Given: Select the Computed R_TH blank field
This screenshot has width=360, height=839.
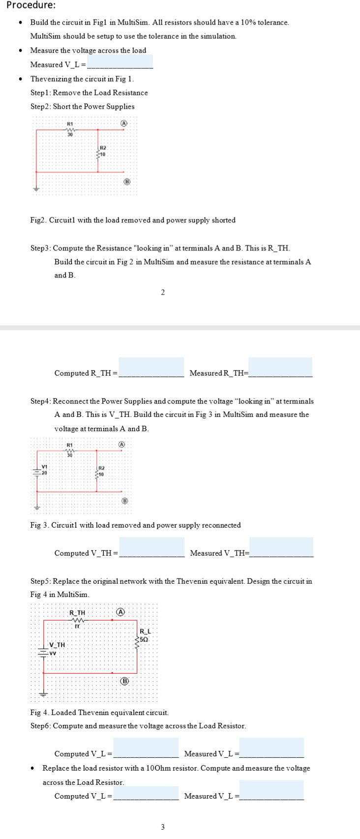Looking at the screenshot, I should pyautogui.click(x=151, y=367).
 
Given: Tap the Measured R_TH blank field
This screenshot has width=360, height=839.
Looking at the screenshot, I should pyautogui.click(x=280, y=367).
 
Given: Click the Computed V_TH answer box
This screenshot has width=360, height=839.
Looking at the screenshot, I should pyautogui.click(x=151, y=547).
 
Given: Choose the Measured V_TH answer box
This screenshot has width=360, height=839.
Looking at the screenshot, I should pyautogui.click(x=281, y=547).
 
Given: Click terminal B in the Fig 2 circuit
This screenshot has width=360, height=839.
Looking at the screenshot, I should pyautogui.click(x=126, y=181).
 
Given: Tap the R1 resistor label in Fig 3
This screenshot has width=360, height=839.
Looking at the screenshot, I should pyautogui.click(x=69, y=445).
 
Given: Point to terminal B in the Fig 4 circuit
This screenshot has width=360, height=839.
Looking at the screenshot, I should pyautogui.click(x=124, y=681).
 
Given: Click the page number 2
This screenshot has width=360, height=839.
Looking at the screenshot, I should pyautogui.click(x=163, y=293).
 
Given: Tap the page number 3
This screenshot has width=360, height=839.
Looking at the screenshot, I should pyautogui.click(x=163, y=827).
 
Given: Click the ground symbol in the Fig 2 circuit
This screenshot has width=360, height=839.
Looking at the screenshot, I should pyautogui.click(x=35, y=189).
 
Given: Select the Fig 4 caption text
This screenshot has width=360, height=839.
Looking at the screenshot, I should pyautogui.click(x=99, y=712).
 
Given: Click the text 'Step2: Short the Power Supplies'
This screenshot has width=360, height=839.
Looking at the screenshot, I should pyautogui.click(x=82, y=106).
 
